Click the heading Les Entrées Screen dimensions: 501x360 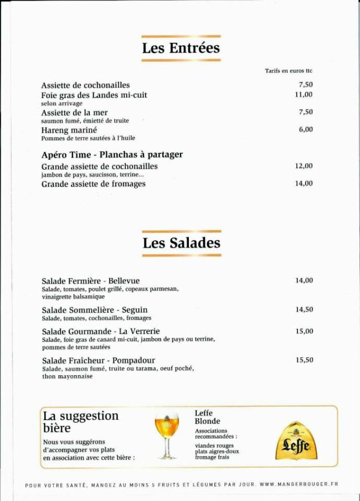pyautogui.click(x=181, y=48)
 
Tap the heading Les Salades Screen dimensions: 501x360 pyautogui.click(x=181, y=243)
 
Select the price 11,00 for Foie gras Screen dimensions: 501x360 pyautogui.click(x=304, y=95)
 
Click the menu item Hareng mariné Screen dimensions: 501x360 pyautogui.click(x=69, y=130)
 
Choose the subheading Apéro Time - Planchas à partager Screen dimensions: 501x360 pyautogui.click(x=112, y=155)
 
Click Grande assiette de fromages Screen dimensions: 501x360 pyautogui.click(x=94, y=184)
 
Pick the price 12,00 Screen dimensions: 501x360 pyautogui.click(x=304, y=166)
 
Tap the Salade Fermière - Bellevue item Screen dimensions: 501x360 pyautogui.click(x=91, y=281)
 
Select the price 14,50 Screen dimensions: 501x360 pyautogui.click(x=304, y=310)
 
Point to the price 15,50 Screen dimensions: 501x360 pyautogui.click(x=304, y=360)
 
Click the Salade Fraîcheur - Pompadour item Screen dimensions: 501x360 pyautogui.click(x=99, y=360)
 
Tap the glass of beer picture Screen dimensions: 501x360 pyautogui.click(x=167, y=436)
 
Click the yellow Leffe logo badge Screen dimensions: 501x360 pyautogui.click(x=296, y=441)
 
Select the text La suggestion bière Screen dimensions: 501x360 pyautogui.click(x=81, y=422)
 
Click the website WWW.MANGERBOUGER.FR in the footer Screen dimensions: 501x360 pyautogui.click(x=299, y=484)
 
